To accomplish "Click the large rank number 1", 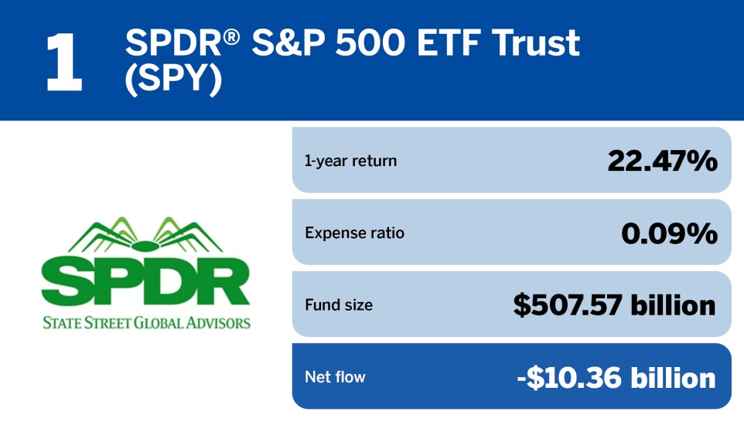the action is [x=64, y=62].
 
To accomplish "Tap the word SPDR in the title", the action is [x=173, y=43].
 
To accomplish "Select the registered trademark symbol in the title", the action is [x=231, y=36].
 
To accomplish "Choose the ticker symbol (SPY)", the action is [x=173, y=79].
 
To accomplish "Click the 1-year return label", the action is [x=350, y=161].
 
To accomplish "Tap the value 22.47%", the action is [x=662, y=161].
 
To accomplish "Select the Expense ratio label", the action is [x=354, y=233].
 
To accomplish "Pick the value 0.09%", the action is [x=669, y=234].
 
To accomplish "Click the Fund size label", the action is [x=339, y=305].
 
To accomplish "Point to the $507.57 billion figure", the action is [x=615, y=305].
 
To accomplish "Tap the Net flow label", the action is [x=335, y=377].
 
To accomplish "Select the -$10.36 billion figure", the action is [x=616, y=378].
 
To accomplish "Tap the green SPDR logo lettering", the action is [x=145, y=282].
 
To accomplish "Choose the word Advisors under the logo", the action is [x=218, y=323].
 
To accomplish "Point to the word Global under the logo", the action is [x=159, y=323].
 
